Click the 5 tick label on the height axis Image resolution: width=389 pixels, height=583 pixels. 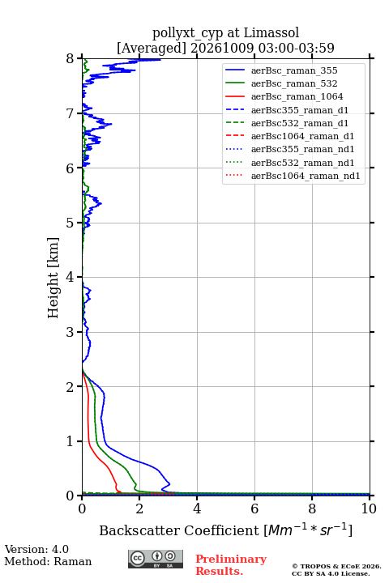70,223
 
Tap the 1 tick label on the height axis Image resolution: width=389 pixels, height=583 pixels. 70,441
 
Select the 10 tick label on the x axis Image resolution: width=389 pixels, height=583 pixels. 369,509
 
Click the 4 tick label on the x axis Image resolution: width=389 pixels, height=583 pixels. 197,509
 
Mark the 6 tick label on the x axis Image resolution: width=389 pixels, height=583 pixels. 254,509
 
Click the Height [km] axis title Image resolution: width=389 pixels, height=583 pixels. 53,278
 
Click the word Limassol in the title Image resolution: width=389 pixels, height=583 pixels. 271,32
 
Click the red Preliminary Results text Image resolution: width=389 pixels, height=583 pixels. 231,565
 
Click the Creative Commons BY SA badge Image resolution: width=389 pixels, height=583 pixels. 156,560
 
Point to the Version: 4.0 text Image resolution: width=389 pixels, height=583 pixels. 36,549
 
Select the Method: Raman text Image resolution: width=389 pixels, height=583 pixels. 48,561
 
